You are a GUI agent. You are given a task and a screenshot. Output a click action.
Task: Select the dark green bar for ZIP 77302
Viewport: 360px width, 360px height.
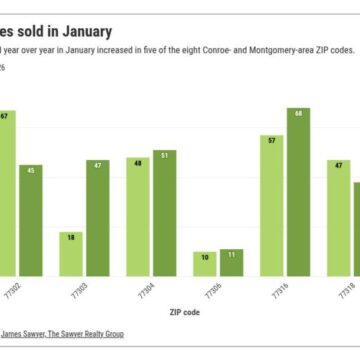coord(31,220)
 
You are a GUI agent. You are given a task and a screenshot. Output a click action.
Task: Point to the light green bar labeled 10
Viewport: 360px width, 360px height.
coord(205,263)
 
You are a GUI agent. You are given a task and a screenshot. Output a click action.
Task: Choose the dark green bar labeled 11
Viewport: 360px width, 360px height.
coord(231,262)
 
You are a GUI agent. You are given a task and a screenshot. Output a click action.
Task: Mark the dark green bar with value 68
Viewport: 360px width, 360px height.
coord(298,191)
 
